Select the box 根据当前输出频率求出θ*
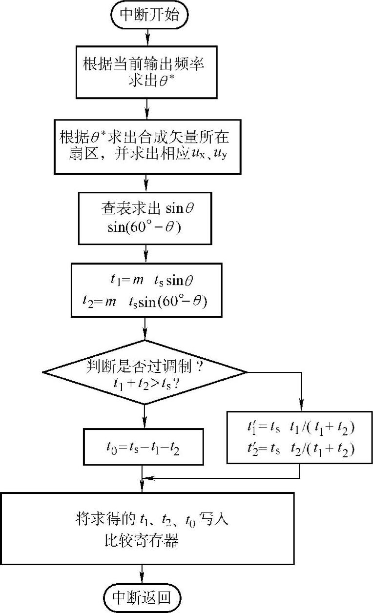(146, 72)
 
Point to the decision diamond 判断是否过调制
(145, 372)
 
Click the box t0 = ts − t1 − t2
(143, 447)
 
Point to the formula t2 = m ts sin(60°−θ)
(145, 302)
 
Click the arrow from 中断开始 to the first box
(146, 37)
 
